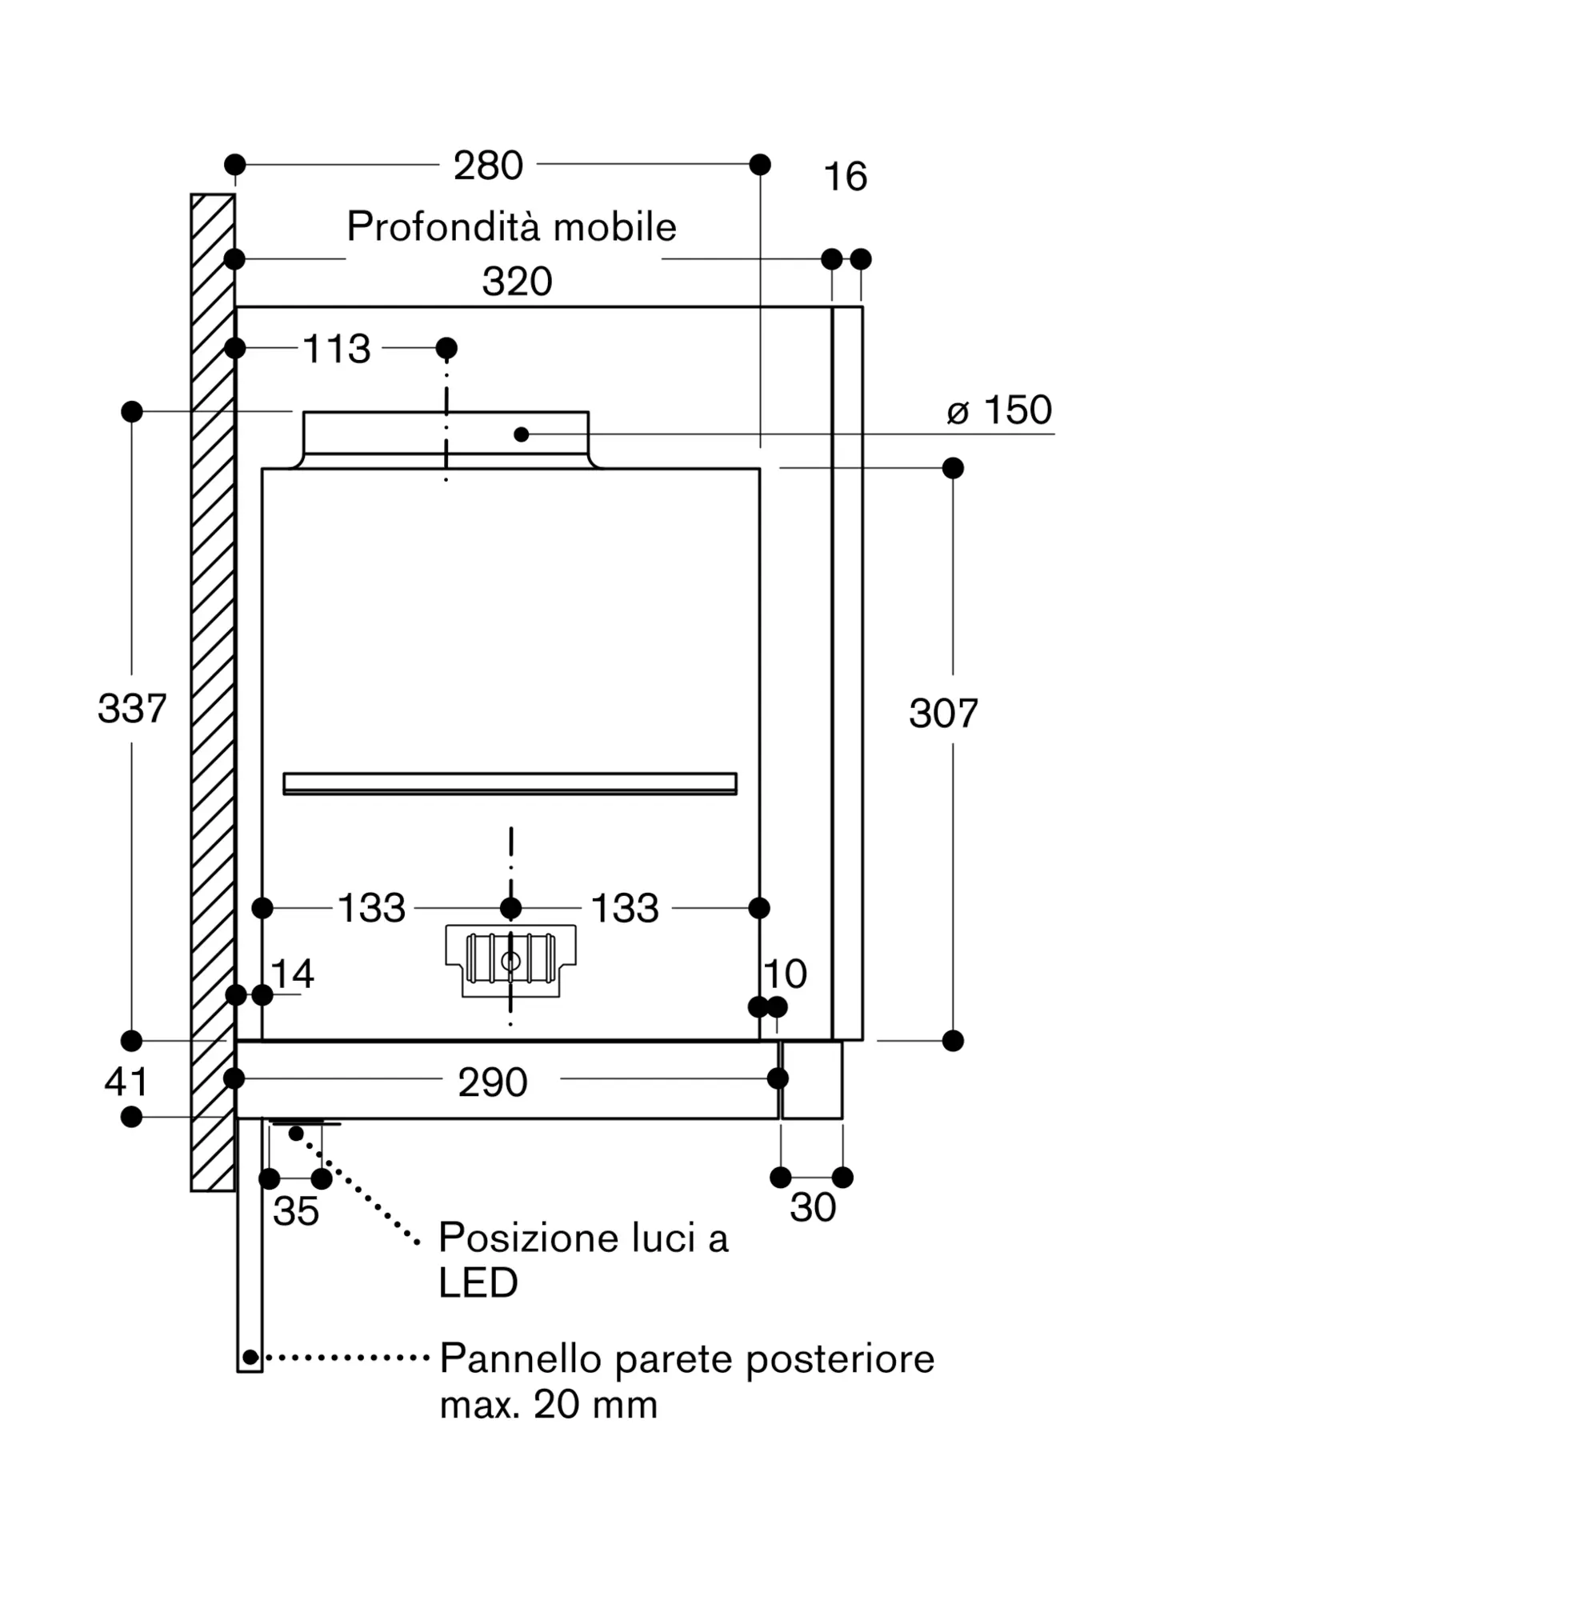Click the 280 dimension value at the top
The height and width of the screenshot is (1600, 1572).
[x=488, y=165]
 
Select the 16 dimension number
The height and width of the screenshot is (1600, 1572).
[x=846, y=177]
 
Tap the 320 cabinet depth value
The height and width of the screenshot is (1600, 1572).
[x=517, y=282]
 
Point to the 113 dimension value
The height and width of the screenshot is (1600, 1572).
[x=337, y=349]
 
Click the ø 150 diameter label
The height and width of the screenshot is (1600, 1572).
[x=999, y=410]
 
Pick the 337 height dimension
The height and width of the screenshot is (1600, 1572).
[x=132, y=708]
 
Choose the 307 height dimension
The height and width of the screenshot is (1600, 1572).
[x=944, y=714]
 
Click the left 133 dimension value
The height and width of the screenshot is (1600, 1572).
[x=371, y=908]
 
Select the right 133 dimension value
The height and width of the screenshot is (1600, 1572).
[x=625, y=908]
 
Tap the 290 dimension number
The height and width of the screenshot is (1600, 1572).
[x=493, y=1082]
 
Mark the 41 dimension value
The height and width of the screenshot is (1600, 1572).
[x=126, y=1082]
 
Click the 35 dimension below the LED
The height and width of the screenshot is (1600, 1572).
[x=295, y=1212]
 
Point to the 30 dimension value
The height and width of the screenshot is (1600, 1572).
[x=814, y=1208]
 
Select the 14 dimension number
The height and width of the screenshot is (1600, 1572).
[x=292, y=974]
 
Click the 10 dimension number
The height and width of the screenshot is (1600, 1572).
[x=784, y=974]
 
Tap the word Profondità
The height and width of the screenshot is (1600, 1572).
[x=444, y=226]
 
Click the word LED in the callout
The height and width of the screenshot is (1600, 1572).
[x=478, y=1283]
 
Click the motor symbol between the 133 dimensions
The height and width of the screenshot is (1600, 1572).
[x=511, y=961]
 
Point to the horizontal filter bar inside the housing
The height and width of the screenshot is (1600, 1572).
[x=510, y=784]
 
